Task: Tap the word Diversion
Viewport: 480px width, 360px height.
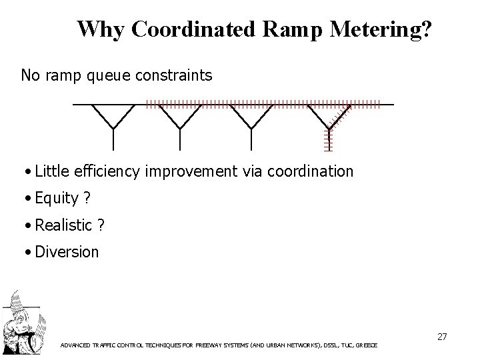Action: tap(67, 252)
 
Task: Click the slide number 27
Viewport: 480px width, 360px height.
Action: tap(441, 337)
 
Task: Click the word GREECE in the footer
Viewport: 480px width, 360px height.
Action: tap(365, 346)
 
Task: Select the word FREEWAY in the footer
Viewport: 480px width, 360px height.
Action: tap(210, 346)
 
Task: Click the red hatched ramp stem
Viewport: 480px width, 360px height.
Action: tap(328, 139)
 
